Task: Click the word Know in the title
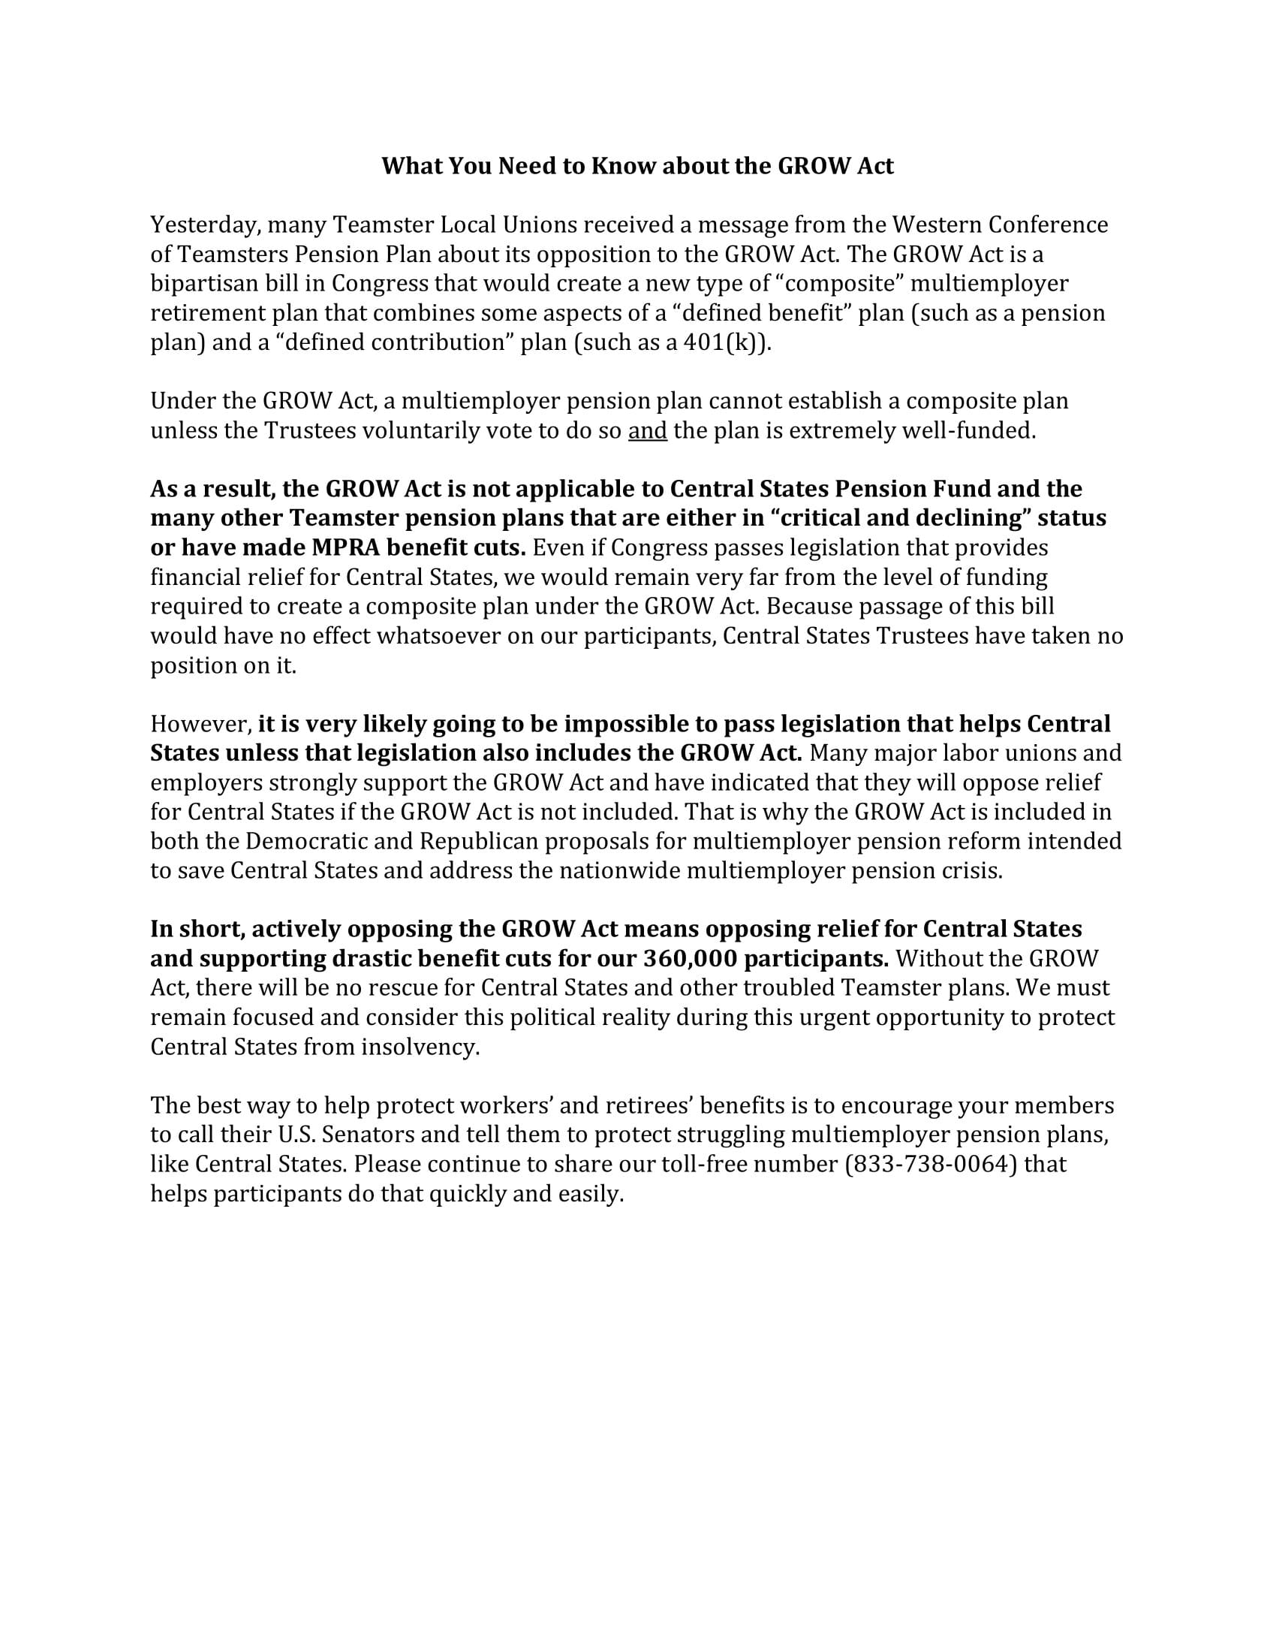(620, 166)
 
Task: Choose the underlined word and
(647, 431)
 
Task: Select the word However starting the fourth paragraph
(200, 724)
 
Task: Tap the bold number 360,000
(689, 959)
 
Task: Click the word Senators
(368, 1135)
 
